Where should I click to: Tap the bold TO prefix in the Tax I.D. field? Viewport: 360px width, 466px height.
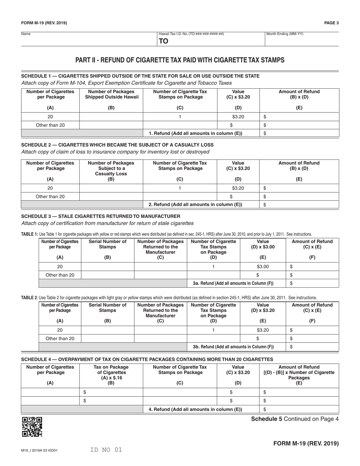[x=163, y=41]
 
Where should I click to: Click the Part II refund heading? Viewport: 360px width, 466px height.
[x=180, y=60]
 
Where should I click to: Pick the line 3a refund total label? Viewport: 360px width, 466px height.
[x=233, y=283]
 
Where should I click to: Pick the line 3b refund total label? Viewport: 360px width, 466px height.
[x=233, y=346]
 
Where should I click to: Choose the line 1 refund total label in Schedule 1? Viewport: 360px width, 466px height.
[x=195, y=133]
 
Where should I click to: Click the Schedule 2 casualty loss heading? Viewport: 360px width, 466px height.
[x=117, y=145]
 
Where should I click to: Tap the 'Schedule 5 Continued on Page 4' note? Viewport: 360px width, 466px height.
[x=292, y=419]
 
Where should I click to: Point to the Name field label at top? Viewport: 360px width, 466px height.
[x=26, y=34]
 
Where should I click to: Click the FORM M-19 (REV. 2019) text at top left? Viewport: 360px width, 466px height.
[x=44, y=23]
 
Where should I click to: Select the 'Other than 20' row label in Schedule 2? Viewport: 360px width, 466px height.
[x=50, y=197]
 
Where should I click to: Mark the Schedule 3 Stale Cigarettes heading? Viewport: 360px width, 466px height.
[x=100, y=216]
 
